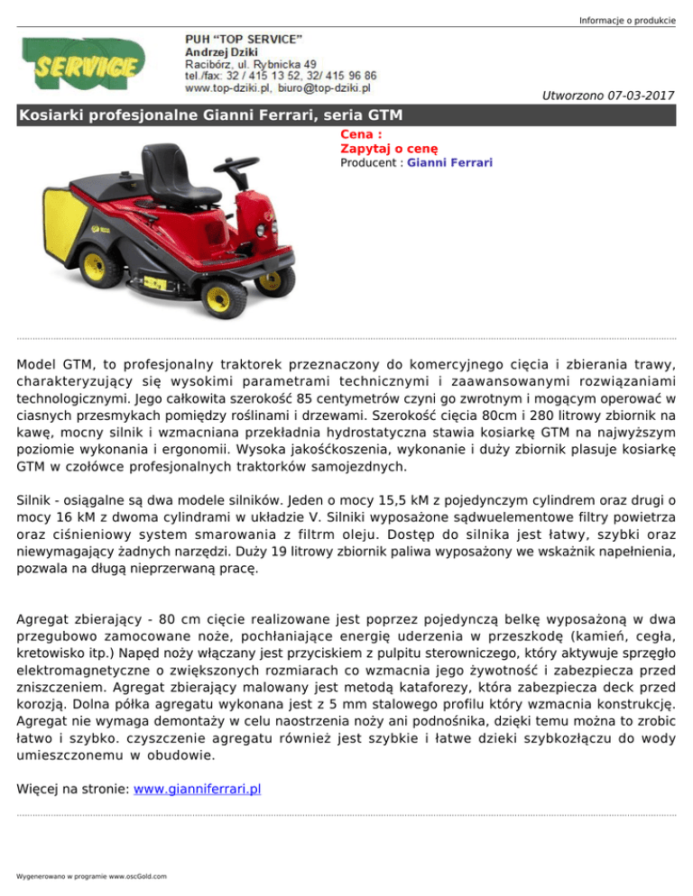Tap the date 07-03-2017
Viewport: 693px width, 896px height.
pos(639,95)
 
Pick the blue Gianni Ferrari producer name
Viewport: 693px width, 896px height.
pos(448,163)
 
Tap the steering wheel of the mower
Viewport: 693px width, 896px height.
pos(241,167)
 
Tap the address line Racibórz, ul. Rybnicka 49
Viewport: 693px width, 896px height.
pos(250,64)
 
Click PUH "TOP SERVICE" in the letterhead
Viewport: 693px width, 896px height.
pos(243,39)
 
